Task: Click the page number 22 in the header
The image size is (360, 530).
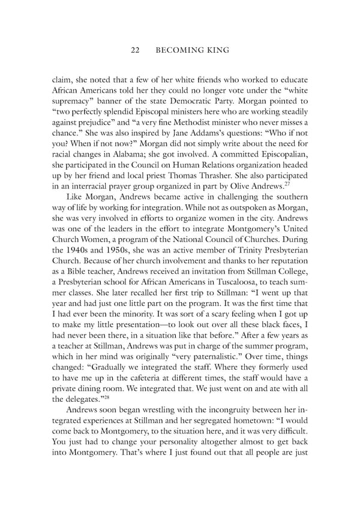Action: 136,50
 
